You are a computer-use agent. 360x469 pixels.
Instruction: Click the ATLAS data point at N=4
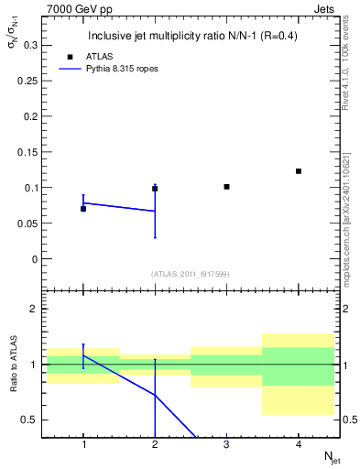pos(299,171)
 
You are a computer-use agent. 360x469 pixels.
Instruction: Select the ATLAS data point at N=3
pos(226,187)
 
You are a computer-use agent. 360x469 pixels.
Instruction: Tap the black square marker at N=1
pos(83,209)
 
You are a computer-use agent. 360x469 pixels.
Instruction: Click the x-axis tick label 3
pos(226,445)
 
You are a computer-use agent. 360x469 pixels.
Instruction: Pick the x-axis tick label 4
pos(299,445)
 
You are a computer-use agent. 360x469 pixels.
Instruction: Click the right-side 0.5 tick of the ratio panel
pos(350,420)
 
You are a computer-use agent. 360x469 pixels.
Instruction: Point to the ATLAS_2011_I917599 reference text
pos(191,274)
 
